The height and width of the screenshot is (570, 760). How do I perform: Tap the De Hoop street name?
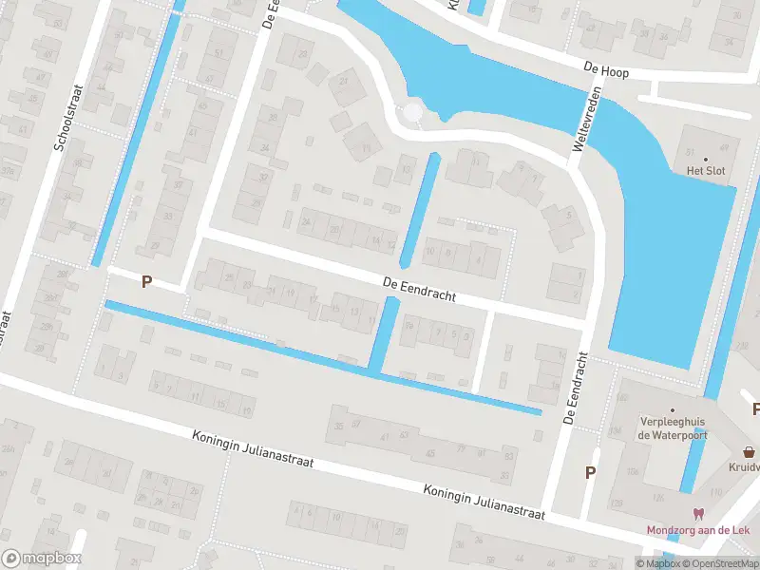click(607, 70)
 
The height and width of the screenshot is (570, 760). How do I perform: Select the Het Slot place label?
click(705, 171)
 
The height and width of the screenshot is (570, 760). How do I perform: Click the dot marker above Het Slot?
click(705, 159)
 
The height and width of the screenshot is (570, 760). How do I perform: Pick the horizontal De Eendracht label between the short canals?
click(419, 289)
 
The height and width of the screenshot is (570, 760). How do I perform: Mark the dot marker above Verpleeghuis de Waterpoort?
click(672, 384)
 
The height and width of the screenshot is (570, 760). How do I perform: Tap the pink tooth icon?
click(700, 513)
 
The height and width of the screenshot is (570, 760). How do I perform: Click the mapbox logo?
click(42, 559)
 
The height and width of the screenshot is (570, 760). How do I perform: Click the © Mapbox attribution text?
click(658, 563)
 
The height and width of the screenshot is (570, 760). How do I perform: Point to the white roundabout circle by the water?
click(412, 113)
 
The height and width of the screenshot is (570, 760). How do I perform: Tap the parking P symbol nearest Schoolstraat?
click(146, 281)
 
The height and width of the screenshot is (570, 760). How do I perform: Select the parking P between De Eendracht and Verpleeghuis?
click(591, 472)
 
